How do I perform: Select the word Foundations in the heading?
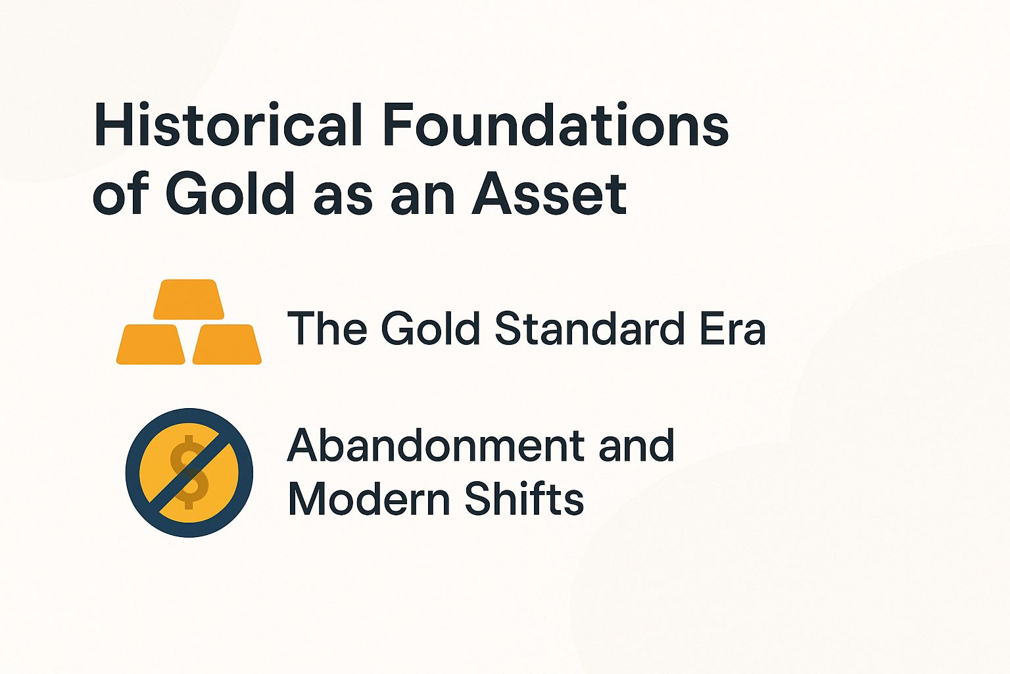click(x=556, y=125)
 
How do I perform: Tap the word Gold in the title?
click(x=229, y=195)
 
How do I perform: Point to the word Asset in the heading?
click(x=550, y=195)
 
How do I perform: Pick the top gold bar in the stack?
click(x=189, y=299)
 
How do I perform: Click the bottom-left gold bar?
click(x=151, y=344)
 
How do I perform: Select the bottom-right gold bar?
click(x=227, y=344)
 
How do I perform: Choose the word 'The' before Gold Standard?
click(x=327, y=328)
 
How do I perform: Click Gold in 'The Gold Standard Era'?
click(x=431, y=328)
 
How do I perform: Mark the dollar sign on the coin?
click(x=189, y=472)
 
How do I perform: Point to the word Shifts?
click(x=524, y=498)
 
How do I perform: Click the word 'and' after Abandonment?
click(x=637, y=446)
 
